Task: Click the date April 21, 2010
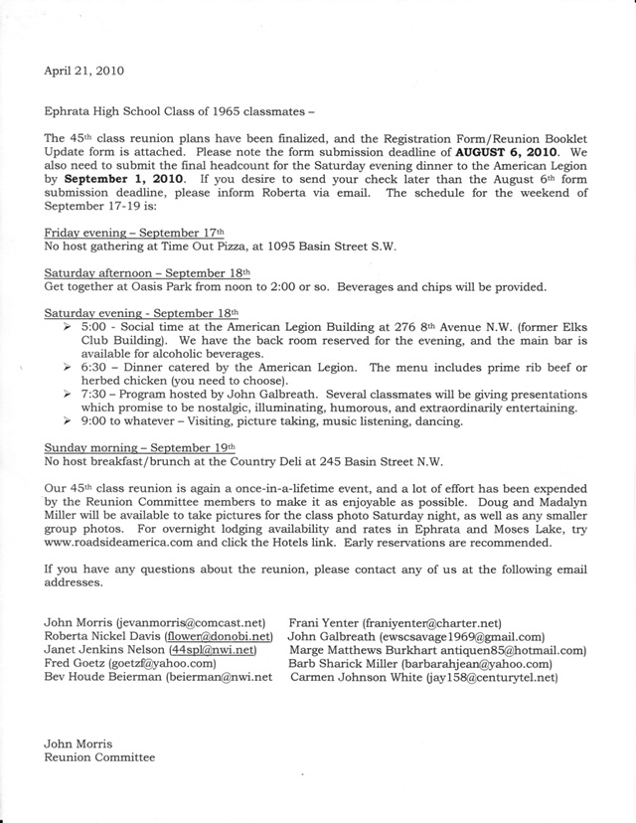pyautogui.click(x=84, y=71)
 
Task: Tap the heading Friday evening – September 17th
pyautogui.click(x=137, y=230)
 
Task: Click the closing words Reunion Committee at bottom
pyautogui.click(x=99, y=757)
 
